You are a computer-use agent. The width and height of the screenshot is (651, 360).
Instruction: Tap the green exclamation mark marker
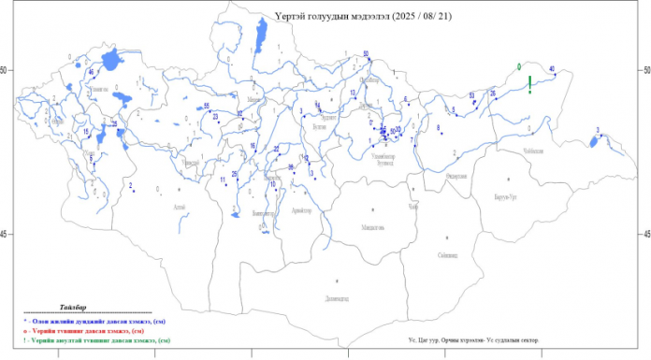(530, 83)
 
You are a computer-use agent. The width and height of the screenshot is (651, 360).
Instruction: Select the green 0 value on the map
(519, 66)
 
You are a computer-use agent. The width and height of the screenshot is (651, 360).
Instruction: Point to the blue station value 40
(552, 69)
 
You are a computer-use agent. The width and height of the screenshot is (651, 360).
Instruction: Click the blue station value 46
(91, 72)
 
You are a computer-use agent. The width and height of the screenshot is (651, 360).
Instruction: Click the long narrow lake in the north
(258, 36)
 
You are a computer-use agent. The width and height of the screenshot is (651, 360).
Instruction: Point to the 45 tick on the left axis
(7, 234)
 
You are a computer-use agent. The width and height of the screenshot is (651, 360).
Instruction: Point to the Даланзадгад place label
(337, 298)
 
